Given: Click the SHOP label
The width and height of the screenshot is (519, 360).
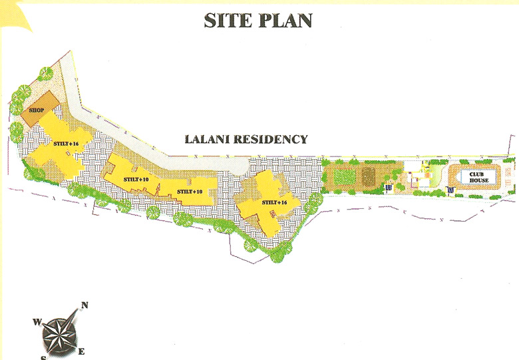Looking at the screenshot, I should point(35,110).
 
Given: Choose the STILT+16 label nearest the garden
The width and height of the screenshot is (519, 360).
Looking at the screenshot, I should point(273,202).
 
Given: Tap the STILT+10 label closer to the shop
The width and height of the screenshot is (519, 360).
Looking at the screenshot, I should point(136,180).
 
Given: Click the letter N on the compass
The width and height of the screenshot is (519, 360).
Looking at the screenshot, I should point(85,306).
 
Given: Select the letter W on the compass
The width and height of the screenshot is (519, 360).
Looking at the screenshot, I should point(37,322).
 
